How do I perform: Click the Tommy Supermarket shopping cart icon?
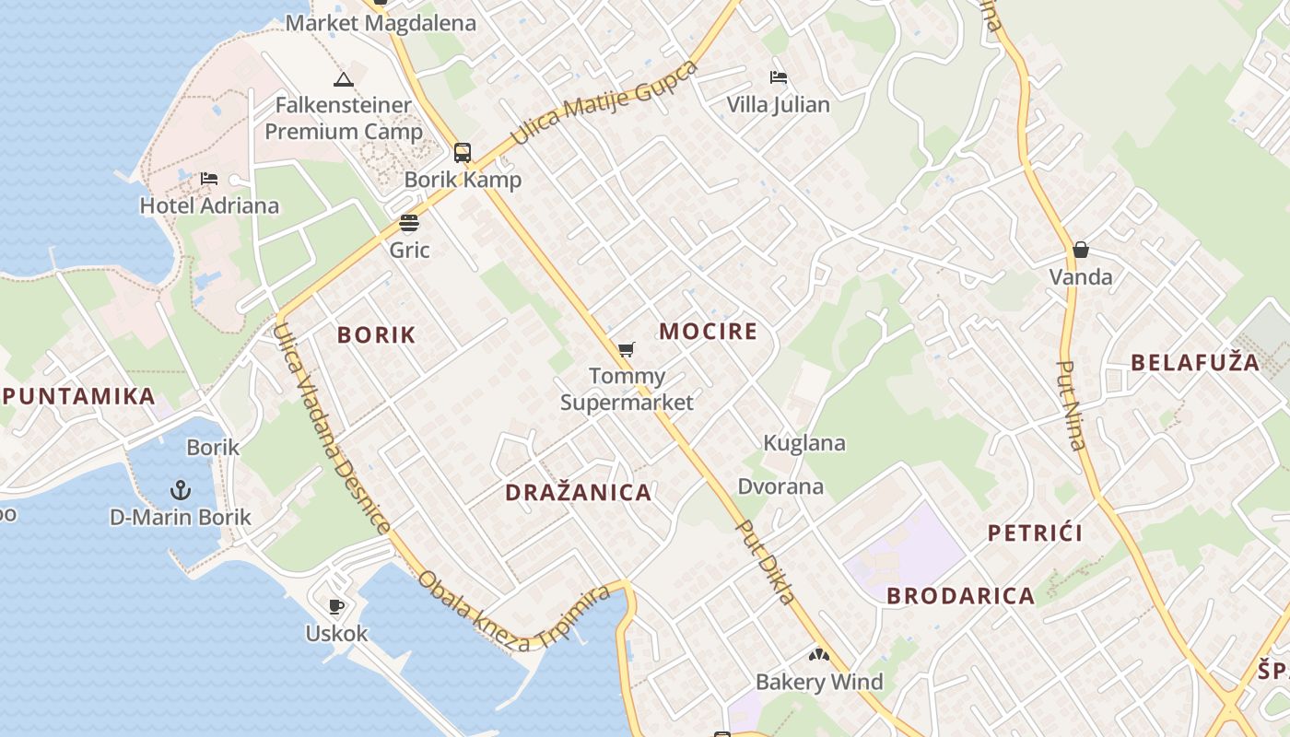coord(627,349)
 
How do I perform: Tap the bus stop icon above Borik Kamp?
coord(463,153)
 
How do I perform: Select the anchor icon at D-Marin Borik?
coord(181,489)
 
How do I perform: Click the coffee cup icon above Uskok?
coord(336,606)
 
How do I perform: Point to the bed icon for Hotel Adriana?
coord(209,178)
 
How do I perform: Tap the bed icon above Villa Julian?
coord(779,77)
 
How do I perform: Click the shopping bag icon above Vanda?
coord(1081,250)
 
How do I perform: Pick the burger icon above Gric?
coord(409,223)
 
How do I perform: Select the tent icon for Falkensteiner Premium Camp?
coord(344,79)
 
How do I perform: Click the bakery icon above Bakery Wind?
coord(818,655)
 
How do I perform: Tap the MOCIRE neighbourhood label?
coord(709,332)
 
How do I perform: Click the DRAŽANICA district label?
coord(579,492)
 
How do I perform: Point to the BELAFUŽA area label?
coord(1195,362)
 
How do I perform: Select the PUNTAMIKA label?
coord(79,397)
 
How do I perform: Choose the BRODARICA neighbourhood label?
coord(961,596)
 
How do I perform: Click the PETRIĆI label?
coord(1035,532)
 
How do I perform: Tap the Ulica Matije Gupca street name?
coord(604,103)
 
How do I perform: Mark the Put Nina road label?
coord(1071,404)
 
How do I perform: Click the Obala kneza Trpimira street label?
coord(514,612)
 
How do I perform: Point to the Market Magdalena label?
coord(381,24)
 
